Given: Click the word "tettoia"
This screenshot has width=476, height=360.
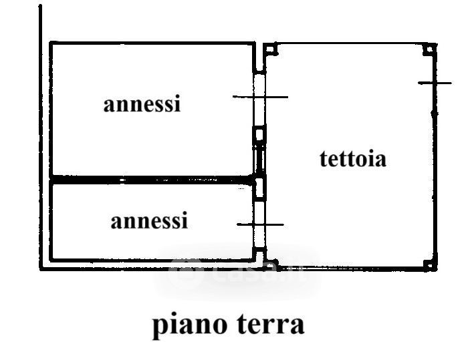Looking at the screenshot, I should (353, 160).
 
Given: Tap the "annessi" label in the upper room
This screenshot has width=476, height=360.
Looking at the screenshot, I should (142, 104).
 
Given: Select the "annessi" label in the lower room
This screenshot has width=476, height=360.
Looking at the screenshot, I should (149, 220).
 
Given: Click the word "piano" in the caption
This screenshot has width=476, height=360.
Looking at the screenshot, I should (189, 325).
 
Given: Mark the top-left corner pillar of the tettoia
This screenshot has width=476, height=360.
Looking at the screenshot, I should (269, 49).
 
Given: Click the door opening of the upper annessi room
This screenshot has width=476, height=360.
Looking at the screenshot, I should (260, 100).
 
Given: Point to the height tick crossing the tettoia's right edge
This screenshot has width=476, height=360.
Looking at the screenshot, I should (435, 83).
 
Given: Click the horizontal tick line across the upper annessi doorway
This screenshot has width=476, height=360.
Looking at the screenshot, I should (260, 97).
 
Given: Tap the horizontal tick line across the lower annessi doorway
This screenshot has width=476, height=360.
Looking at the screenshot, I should (260, 224).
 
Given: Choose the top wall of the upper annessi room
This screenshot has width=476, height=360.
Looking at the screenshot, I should (152, 43).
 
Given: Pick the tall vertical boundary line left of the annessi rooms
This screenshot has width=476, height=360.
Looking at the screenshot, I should (41, 134).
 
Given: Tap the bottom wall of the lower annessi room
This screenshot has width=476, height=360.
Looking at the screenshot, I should (152, 260).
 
